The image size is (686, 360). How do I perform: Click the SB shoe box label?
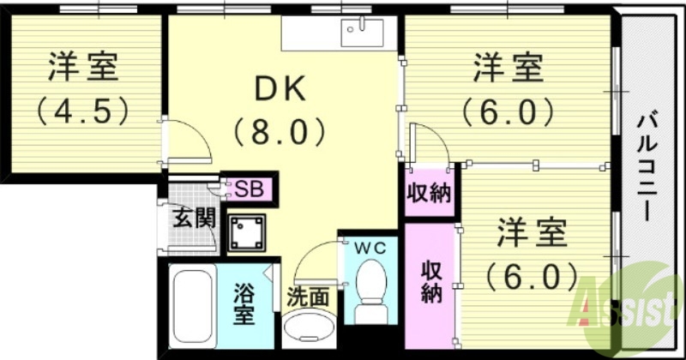(249, 188)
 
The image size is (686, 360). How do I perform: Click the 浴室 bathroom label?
(244, 303)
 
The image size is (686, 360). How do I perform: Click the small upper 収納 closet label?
(429, 194)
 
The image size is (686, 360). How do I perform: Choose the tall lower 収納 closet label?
(430, 279)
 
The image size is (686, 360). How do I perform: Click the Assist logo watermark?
(631, 305)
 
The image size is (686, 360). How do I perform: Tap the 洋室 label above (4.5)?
(83, 66)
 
